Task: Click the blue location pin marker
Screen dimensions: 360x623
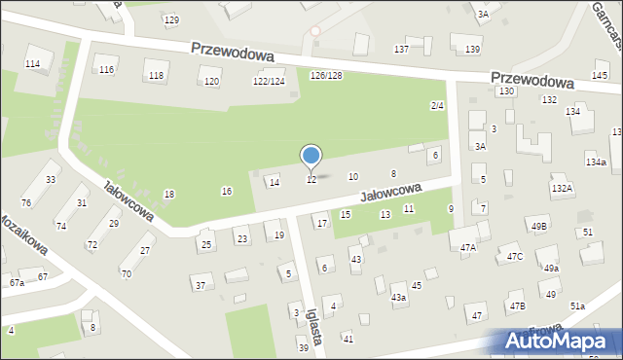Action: coord(311,156)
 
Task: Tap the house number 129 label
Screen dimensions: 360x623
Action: coord(171,20)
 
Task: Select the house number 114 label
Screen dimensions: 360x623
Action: coord(32,63)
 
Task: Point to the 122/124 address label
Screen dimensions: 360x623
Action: coord(269,82)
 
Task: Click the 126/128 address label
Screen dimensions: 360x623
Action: coord(325,76)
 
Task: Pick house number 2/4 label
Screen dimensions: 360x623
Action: coord(437,105)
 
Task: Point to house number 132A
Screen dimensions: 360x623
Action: coord(562,188)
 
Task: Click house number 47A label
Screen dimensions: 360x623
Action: coord(468,248)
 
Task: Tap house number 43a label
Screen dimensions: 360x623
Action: coord(398,297)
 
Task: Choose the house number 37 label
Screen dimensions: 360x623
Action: coord(201,286)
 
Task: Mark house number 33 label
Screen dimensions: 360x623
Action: coord(51,180)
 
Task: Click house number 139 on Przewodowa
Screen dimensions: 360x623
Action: coord(473,50)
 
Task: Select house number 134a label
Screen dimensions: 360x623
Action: coord(596,162)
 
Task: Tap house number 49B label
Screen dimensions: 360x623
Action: coord(539,227)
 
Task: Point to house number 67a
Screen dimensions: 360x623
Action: coord(17,283)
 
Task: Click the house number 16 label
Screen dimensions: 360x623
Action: coord(227,191)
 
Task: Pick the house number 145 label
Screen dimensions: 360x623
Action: coord(600,75)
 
